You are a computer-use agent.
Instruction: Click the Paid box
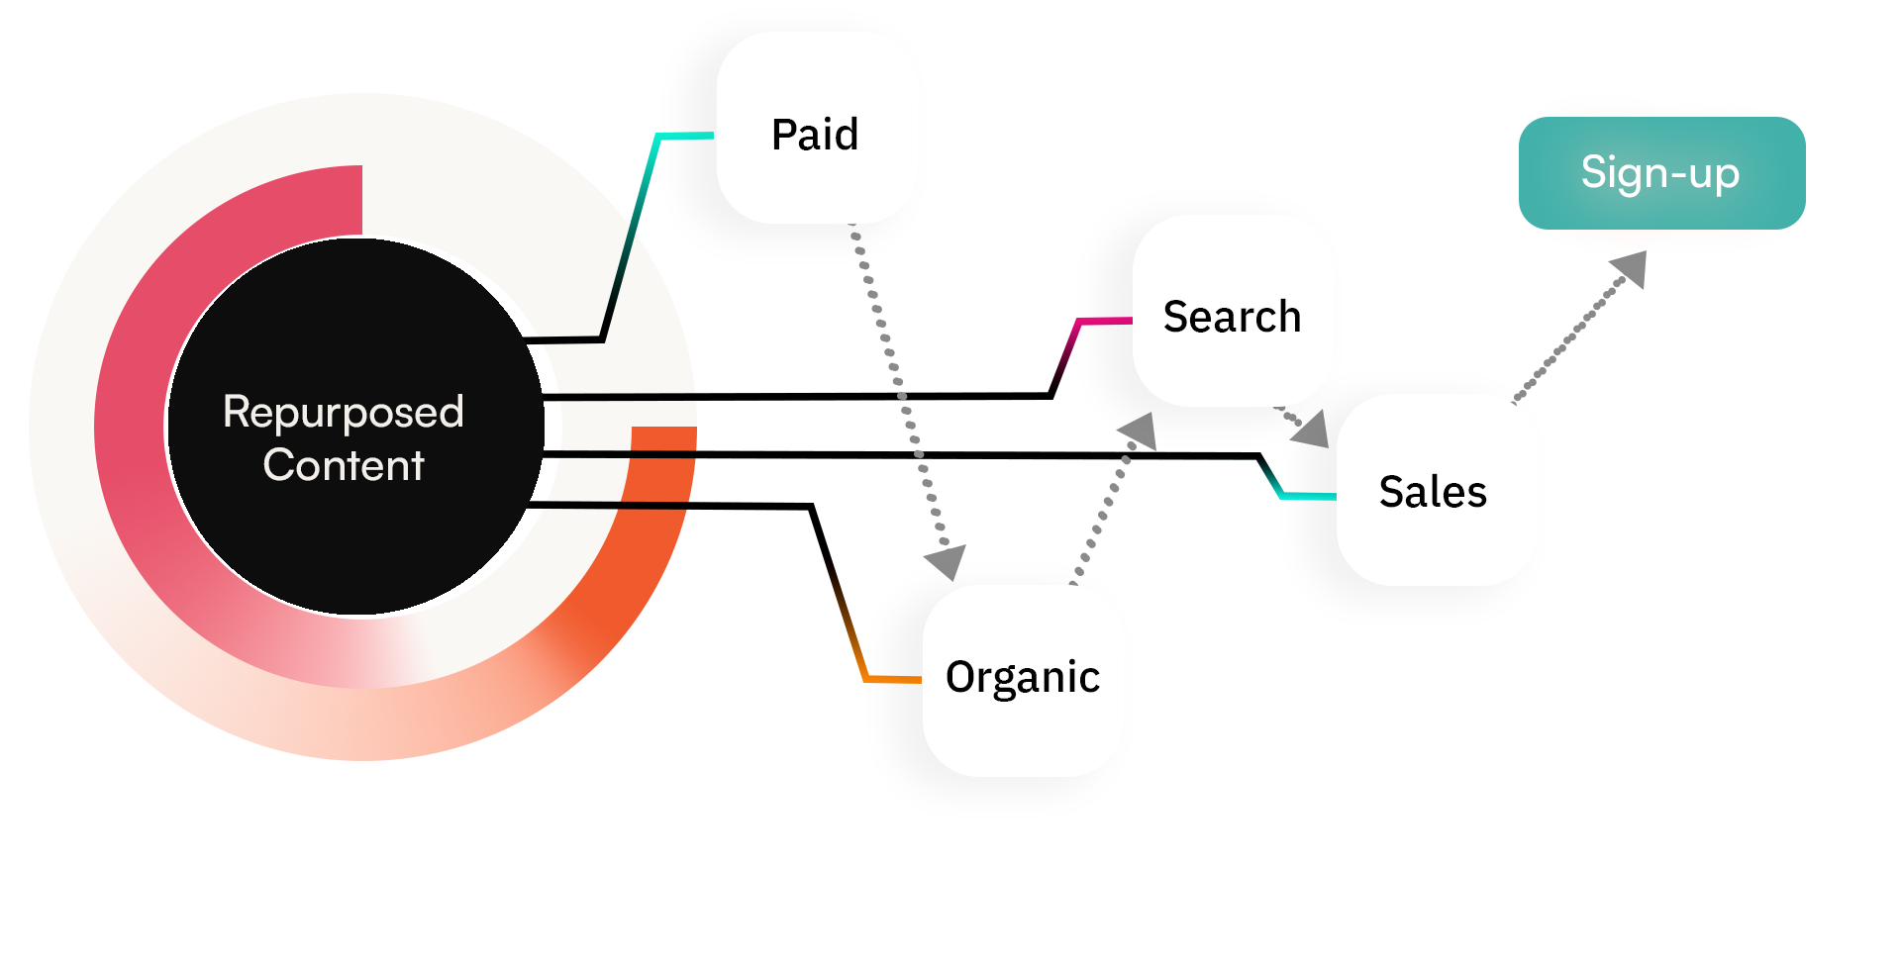816,129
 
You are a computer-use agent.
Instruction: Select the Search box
1232,311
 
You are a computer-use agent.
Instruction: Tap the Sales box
1436,490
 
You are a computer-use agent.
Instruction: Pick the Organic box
1022,681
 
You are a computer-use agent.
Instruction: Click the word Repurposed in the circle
343,412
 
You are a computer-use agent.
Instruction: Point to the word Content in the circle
343,465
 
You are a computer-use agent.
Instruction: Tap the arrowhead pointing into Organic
947,561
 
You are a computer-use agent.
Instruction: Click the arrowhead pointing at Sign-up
1630,267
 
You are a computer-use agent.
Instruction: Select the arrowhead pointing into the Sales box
1311,430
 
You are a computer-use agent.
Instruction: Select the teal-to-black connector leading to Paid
634,228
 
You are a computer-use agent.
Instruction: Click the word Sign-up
1659,173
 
